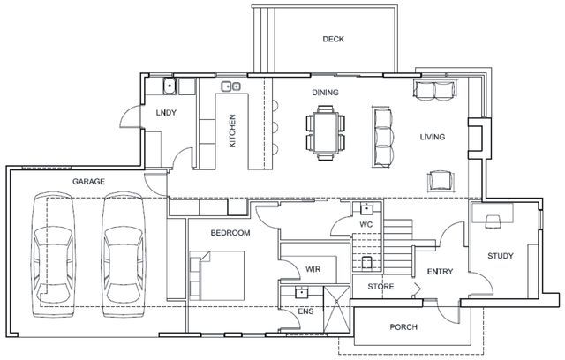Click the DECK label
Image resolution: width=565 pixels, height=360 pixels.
pos(334,39)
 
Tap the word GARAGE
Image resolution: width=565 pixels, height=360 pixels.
pos(88,182)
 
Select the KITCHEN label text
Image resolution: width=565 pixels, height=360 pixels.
pos(232,131)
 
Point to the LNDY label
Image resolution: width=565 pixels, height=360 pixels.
pos(166,113)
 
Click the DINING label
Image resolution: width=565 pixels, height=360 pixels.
pos(326,93)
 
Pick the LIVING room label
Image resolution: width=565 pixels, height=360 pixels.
pos(433,137)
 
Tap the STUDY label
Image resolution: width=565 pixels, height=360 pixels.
pos(501,256)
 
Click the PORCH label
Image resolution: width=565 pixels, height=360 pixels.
pos(403,327)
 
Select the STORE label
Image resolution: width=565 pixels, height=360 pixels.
pos(380,287)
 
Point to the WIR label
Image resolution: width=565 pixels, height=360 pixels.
pos(313,269)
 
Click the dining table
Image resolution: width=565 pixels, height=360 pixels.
pos(326,132)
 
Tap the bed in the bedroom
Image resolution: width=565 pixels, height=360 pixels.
pos(217,275)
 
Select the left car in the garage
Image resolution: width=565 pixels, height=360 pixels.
pos(53,254)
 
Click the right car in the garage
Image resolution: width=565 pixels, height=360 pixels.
pos(124,254)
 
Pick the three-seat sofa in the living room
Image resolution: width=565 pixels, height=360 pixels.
pos(382,137)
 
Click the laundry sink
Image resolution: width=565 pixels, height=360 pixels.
pos(169,86)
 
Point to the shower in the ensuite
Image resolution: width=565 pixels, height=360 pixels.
pos(336,309)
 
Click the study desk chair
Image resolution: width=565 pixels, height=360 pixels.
pos(493,221)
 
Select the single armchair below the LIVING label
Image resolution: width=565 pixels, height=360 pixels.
pos(441,180)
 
